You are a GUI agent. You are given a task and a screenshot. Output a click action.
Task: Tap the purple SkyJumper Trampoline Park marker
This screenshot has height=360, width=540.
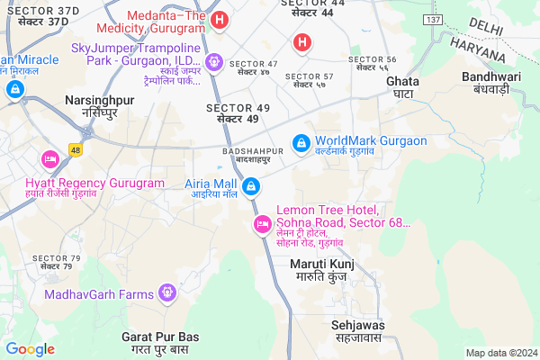[x=214, y=62]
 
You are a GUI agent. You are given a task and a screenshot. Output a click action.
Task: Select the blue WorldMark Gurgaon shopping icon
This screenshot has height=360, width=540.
[x=301, y=142]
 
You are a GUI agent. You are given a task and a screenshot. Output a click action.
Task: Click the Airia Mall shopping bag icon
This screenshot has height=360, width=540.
[x=252, y=187]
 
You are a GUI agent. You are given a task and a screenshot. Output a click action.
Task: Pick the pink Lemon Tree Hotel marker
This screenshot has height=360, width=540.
[x=263, y=223]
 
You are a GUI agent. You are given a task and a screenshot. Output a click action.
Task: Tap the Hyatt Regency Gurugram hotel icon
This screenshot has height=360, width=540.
[x=49, y=159]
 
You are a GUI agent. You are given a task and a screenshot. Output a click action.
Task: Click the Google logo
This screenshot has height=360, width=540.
[x=31, y=348]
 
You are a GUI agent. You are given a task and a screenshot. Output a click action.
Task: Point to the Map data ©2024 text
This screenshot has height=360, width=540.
[x=499, y=353]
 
